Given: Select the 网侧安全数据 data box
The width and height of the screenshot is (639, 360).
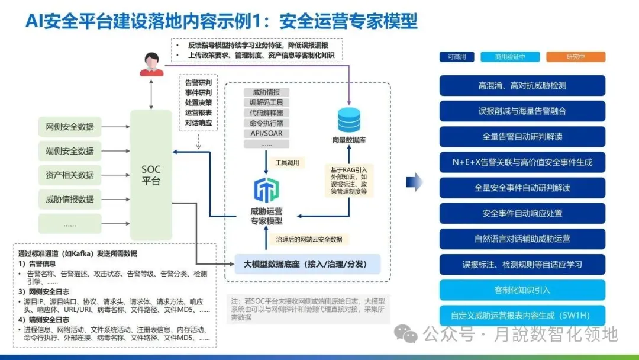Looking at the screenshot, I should point(70,126).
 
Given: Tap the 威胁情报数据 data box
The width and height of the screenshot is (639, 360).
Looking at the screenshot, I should point(70,199).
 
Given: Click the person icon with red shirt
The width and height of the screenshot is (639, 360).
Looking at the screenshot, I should point(151,64).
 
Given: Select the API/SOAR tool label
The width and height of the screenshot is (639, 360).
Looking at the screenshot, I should point(266,133).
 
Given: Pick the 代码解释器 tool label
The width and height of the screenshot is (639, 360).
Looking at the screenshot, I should point(266,112).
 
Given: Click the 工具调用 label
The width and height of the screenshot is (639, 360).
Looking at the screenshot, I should point(288,162).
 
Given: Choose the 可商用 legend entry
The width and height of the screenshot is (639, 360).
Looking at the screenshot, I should point(457,57).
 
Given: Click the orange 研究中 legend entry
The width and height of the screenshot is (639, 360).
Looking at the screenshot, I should point(576,57).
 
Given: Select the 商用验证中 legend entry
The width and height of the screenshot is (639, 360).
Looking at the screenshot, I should point(510,57).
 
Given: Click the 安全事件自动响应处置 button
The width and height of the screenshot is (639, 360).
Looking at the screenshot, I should point(522,213).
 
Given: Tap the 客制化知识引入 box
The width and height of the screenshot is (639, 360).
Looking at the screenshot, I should point(522,290).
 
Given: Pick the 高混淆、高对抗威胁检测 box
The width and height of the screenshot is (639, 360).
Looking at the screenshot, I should point(522,85).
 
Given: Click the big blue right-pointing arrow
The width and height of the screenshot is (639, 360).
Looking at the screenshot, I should point(416,181).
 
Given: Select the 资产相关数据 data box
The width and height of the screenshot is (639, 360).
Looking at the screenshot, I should point(70,175).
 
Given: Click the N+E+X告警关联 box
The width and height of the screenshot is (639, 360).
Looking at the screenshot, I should point(522,162).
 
